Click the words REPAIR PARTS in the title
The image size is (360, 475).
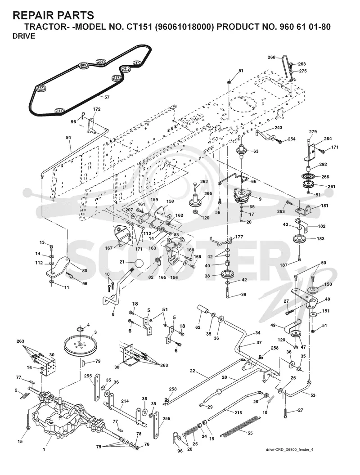point(54,15)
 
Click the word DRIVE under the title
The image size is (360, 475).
point(24,36)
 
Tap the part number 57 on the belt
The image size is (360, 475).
point(107,97)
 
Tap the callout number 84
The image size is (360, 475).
point(68,138)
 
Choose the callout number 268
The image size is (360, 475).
point(271,57)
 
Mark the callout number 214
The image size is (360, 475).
point(125,401)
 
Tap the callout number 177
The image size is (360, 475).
point(239,237)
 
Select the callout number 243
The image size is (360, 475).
point(278,128)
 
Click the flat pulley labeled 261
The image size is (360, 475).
point(308,185)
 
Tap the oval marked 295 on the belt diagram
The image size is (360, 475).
point(101,62)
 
